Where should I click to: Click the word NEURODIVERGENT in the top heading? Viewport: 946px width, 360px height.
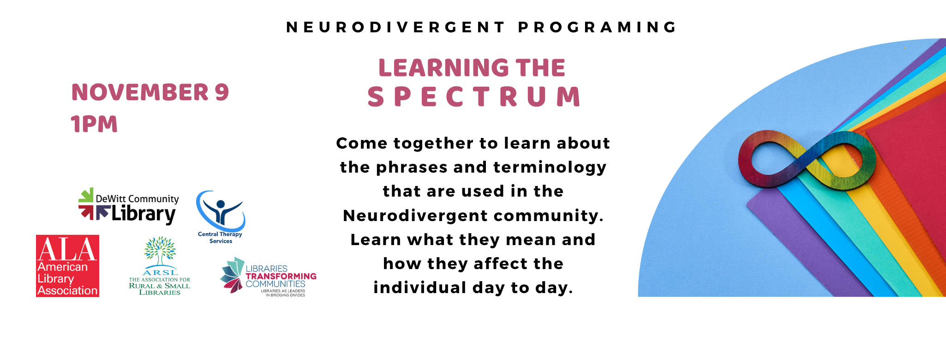[x=396, y=27]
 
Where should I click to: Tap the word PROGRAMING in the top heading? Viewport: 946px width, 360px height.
[x=598, y=27]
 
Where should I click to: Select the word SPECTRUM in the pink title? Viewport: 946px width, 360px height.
[x=474, y=97]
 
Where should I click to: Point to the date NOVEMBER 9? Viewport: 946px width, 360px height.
[x=150, y=92]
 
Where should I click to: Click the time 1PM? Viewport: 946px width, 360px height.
[x=94, y=124]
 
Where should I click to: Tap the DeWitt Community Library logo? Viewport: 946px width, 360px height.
[x=128, y=206]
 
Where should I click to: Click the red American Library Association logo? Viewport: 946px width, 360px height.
[x=67, y=266]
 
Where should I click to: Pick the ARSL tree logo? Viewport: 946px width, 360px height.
[x=160, y=266]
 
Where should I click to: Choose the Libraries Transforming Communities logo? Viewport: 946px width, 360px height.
[x=268, y=277]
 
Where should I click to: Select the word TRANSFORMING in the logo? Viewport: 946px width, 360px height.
[x=281, y=276]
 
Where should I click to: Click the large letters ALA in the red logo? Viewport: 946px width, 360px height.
[x=67, y=249]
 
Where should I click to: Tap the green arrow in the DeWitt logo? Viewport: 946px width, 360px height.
[x=86, y=195]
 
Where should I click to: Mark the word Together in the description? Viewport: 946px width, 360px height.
[x=433, y=144]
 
